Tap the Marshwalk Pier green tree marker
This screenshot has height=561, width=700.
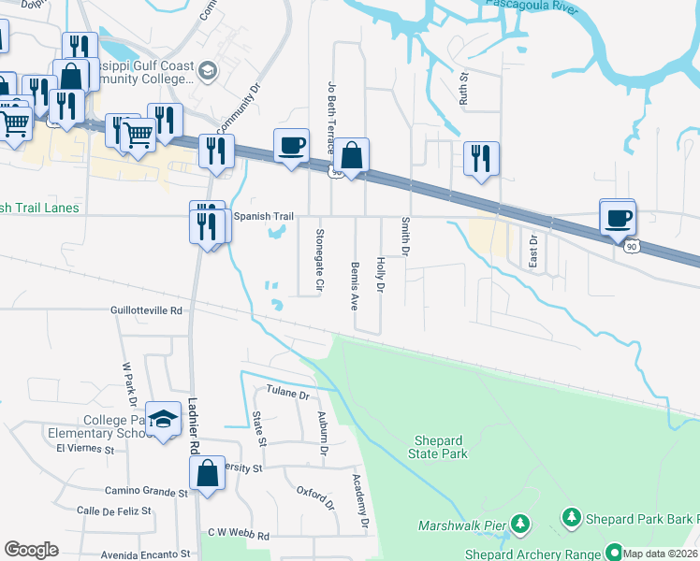pyautogui.click(x=520, y=525)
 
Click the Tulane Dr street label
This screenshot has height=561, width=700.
pyautogui.click(x=287, y=394)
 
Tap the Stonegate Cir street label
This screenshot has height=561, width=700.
pyautogui.click(x=320, y=257)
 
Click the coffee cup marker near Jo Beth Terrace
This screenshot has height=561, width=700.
pyautogui.click(x=290, y=145)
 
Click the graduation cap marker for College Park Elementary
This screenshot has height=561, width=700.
pyautogui.click(x=163, y=420)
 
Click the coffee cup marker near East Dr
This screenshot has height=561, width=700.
pyautogui.click(x=618, y=218)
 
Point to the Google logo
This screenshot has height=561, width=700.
pyautogui.click(x=31, y=550)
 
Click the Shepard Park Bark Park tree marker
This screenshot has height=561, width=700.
pyautogui.click(x=570, y=516)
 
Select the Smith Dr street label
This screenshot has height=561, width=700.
pyautogui.click(x=406, y=237)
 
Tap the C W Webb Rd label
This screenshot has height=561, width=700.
pyautogui.click(x=239, y=536)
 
